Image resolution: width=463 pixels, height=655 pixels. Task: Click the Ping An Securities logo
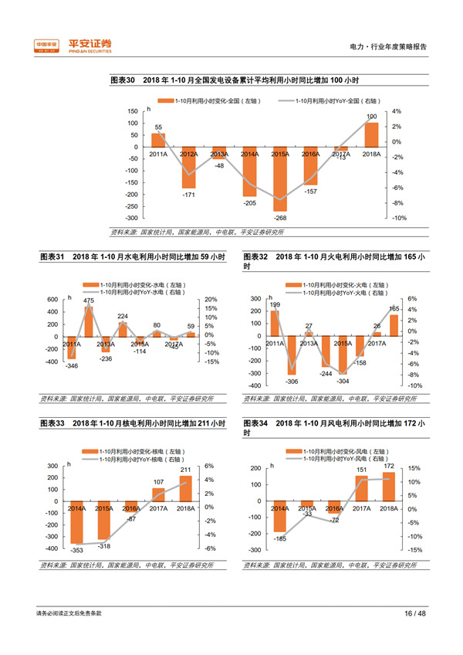(73, 46)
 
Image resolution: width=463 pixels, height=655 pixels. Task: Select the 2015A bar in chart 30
(279, 178)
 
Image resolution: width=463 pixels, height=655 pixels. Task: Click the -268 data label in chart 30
(280, 217)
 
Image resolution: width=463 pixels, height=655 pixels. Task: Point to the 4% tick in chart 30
(396, 111)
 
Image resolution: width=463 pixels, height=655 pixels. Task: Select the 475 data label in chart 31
(89, 300)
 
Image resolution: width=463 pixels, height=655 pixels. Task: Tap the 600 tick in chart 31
(52, 299)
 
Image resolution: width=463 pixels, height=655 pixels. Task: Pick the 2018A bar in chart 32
(394, 325)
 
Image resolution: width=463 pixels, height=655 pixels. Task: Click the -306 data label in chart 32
(292, 382)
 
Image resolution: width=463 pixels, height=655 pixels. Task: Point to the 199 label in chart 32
(275, 305)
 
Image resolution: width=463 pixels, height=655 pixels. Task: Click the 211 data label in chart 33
(186, 469)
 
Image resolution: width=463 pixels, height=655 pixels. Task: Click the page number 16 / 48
(414, 613)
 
